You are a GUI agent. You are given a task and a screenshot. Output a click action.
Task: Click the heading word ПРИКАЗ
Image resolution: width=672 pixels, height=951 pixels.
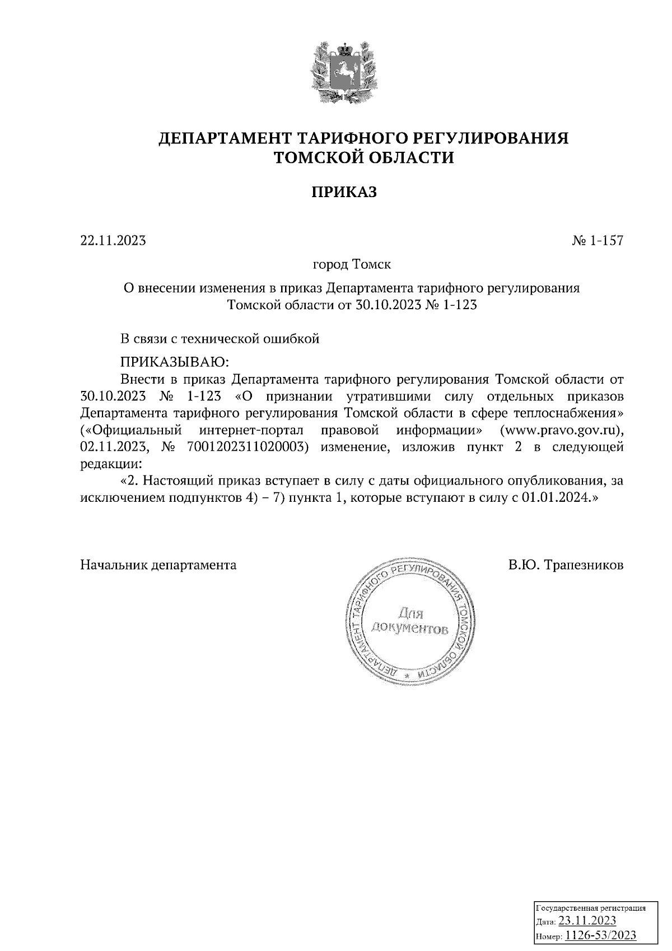(344, 192)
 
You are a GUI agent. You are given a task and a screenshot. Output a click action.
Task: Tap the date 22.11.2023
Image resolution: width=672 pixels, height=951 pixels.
(113, 241)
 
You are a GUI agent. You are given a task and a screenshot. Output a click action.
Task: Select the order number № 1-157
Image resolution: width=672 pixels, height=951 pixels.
(597, 241)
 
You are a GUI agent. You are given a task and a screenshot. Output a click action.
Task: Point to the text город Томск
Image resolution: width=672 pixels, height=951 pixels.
(351, 263)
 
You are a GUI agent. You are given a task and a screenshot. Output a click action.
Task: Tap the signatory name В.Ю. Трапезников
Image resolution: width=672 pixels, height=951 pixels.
(566, 565)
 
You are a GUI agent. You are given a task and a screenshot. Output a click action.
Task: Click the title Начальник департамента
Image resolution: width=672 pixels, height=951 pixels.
(158, 565)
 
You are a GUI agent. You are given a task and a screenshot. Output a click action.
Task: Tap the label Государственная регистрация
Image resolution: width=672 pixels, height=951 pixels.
(592, 908)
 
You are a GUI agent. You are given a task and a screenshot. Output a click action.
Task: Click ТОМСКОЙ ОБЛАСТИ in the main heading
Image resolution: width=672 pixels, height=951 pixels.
(363, 158)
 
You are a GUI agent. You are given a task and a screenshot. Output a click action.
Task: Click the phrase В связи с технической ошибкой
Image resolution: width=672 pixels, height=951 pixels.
(220, 339)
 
